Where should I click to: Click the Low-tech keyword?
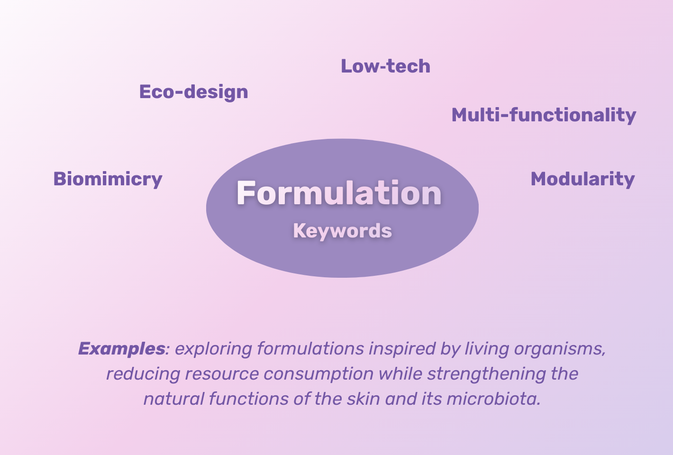coord(385,66)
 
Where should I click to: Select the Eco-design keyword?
coord(194,92)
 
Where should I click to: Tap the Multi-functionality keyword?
coord(544,115)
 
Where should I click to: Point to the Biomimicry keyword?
coord(108,180)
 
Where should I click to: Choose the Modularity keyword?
coord(583,180)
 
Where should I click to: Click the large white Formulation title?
coord(339,193)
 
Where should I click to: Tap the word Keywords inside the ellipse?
coord(343,231)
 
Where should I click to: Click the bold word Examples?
coord(122,349)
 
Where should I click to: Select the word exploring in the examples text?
coord(214,349)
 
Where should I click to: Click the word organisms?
coord(559,349)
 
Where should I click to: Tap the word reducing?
coord(143,374)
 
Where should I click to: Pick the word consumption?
coord(318,374)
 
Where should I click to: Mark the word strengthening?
coord(487,374)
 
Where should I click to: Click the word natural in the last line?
coord(174,399)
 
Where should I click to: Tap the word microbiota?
coord(494,399)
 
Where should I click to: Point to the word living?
coord(487,349)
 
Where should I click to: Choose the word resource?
coord(222,374)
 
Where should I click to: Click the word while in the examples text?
coord(400,374)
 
